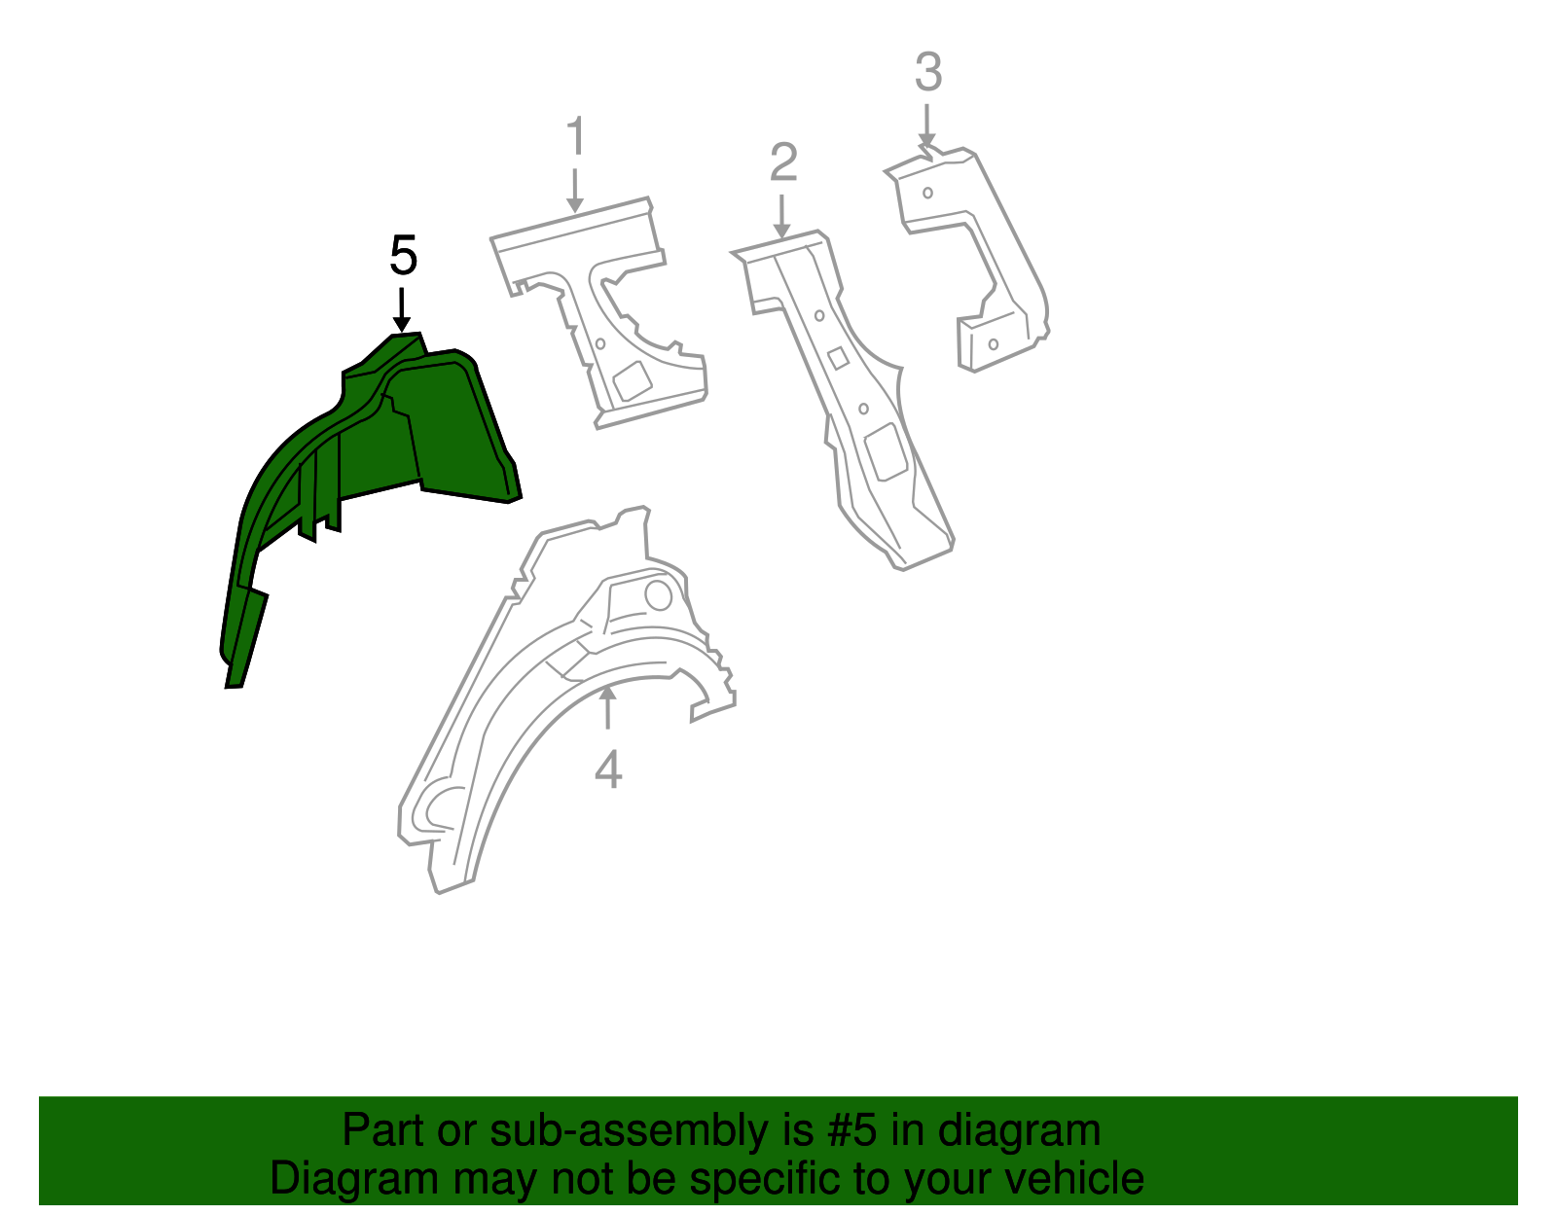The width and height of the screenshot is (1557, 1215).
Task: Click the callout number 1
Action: pos(576,137)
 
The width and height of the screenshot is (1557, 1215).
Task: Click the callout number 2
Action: pos(783,162)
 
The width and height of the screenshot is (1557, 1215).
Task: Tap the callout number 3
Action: pos(928,73)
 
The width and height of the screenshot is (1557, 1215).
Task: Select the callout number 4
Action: pos(608,770)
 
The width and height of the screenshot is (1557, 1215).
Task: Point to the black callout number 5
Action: pos(403,257)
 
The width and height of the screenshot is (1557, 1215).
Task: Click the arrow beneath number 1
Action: pos(575,191)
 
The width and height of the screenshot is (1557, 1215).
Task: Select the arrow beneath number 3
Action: pos(926,126)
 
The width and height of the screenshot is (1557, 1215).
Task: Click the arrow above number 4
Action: pos(607,706)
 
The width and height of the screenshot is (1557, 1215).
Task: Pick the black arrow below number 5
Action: pos(401,311)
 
